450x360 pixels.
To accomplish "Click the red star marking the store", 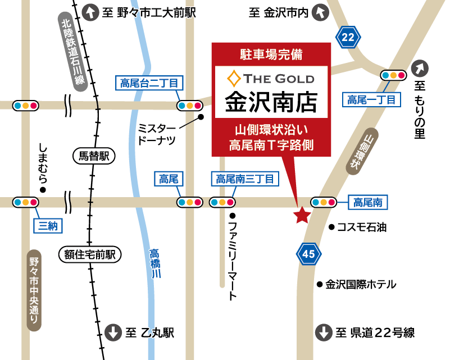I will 302,215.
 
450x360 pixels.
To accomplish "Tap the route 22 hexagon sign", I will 348,38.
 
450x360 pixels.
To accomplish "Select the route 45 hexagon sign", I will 308,254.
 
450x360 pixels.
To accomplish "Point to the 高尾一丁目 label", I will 371,100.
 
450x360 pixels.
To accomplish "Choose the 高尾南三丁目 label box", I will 244,179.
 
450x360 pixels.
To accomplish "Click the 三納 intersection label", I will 48,226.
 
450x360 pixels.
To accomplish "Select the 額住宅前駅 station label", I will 90,255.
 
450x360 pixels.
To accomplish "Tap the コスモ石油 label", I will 362,227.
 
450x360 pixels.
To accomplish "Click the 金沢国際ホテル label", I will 361,285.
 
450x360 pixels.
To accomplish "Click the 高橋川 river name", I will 156,263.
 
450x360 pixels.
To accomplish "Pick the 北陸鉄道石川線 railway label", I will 73,51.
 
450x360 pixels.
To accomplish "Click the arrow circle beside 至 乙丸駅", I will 113,332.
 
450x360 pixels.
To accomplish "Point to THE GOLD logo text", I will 271,78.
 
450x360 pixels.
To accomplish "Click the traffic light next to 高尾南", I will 324,202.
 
